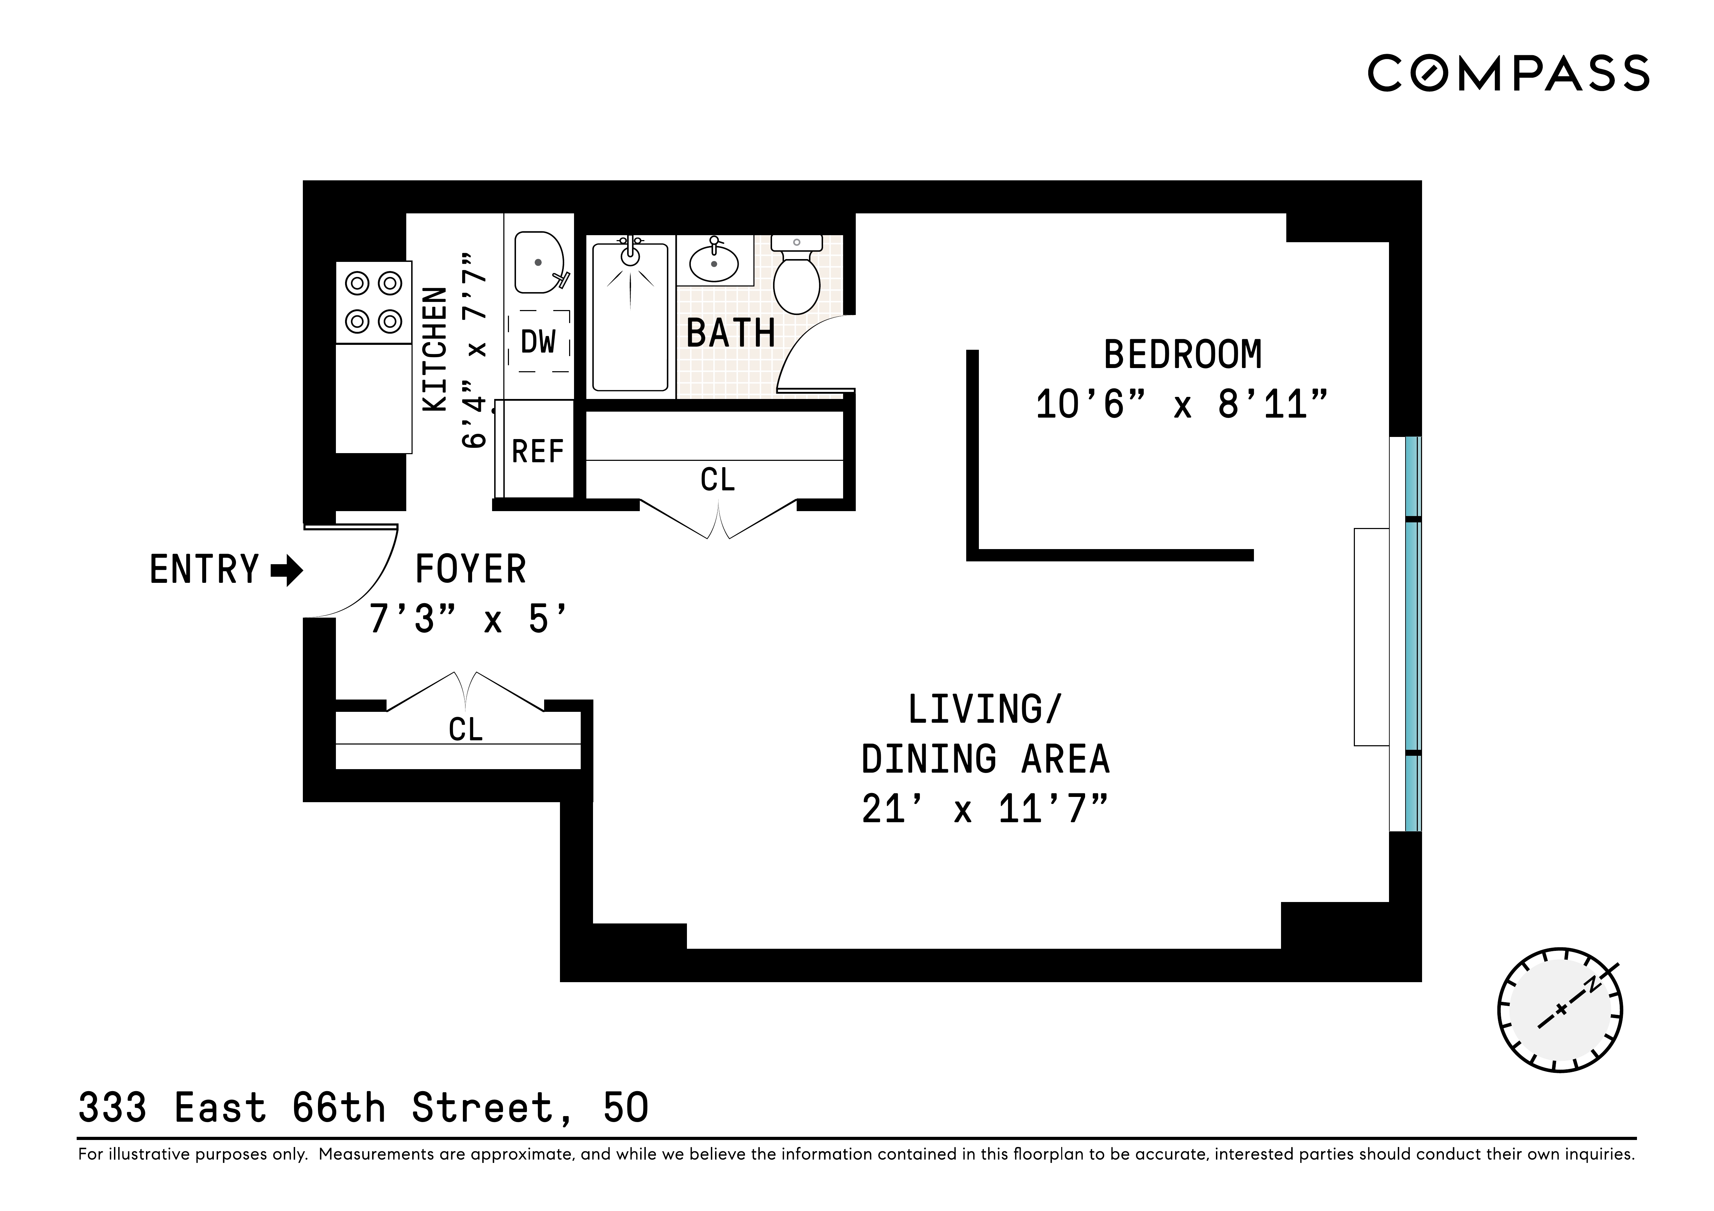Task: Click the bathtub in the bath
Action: pyautogui.click(x=630, y=317)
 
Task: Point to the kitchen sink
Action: pyautogui.click(x=539, y=263)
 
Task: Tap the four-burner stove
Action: pyautogui.click(x=373, y=302)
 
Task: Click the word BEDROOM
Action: pyautogui.click(x=1183, y=355)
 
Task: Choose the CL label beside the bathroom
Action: pyautogui.click(x=718, y=480)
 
